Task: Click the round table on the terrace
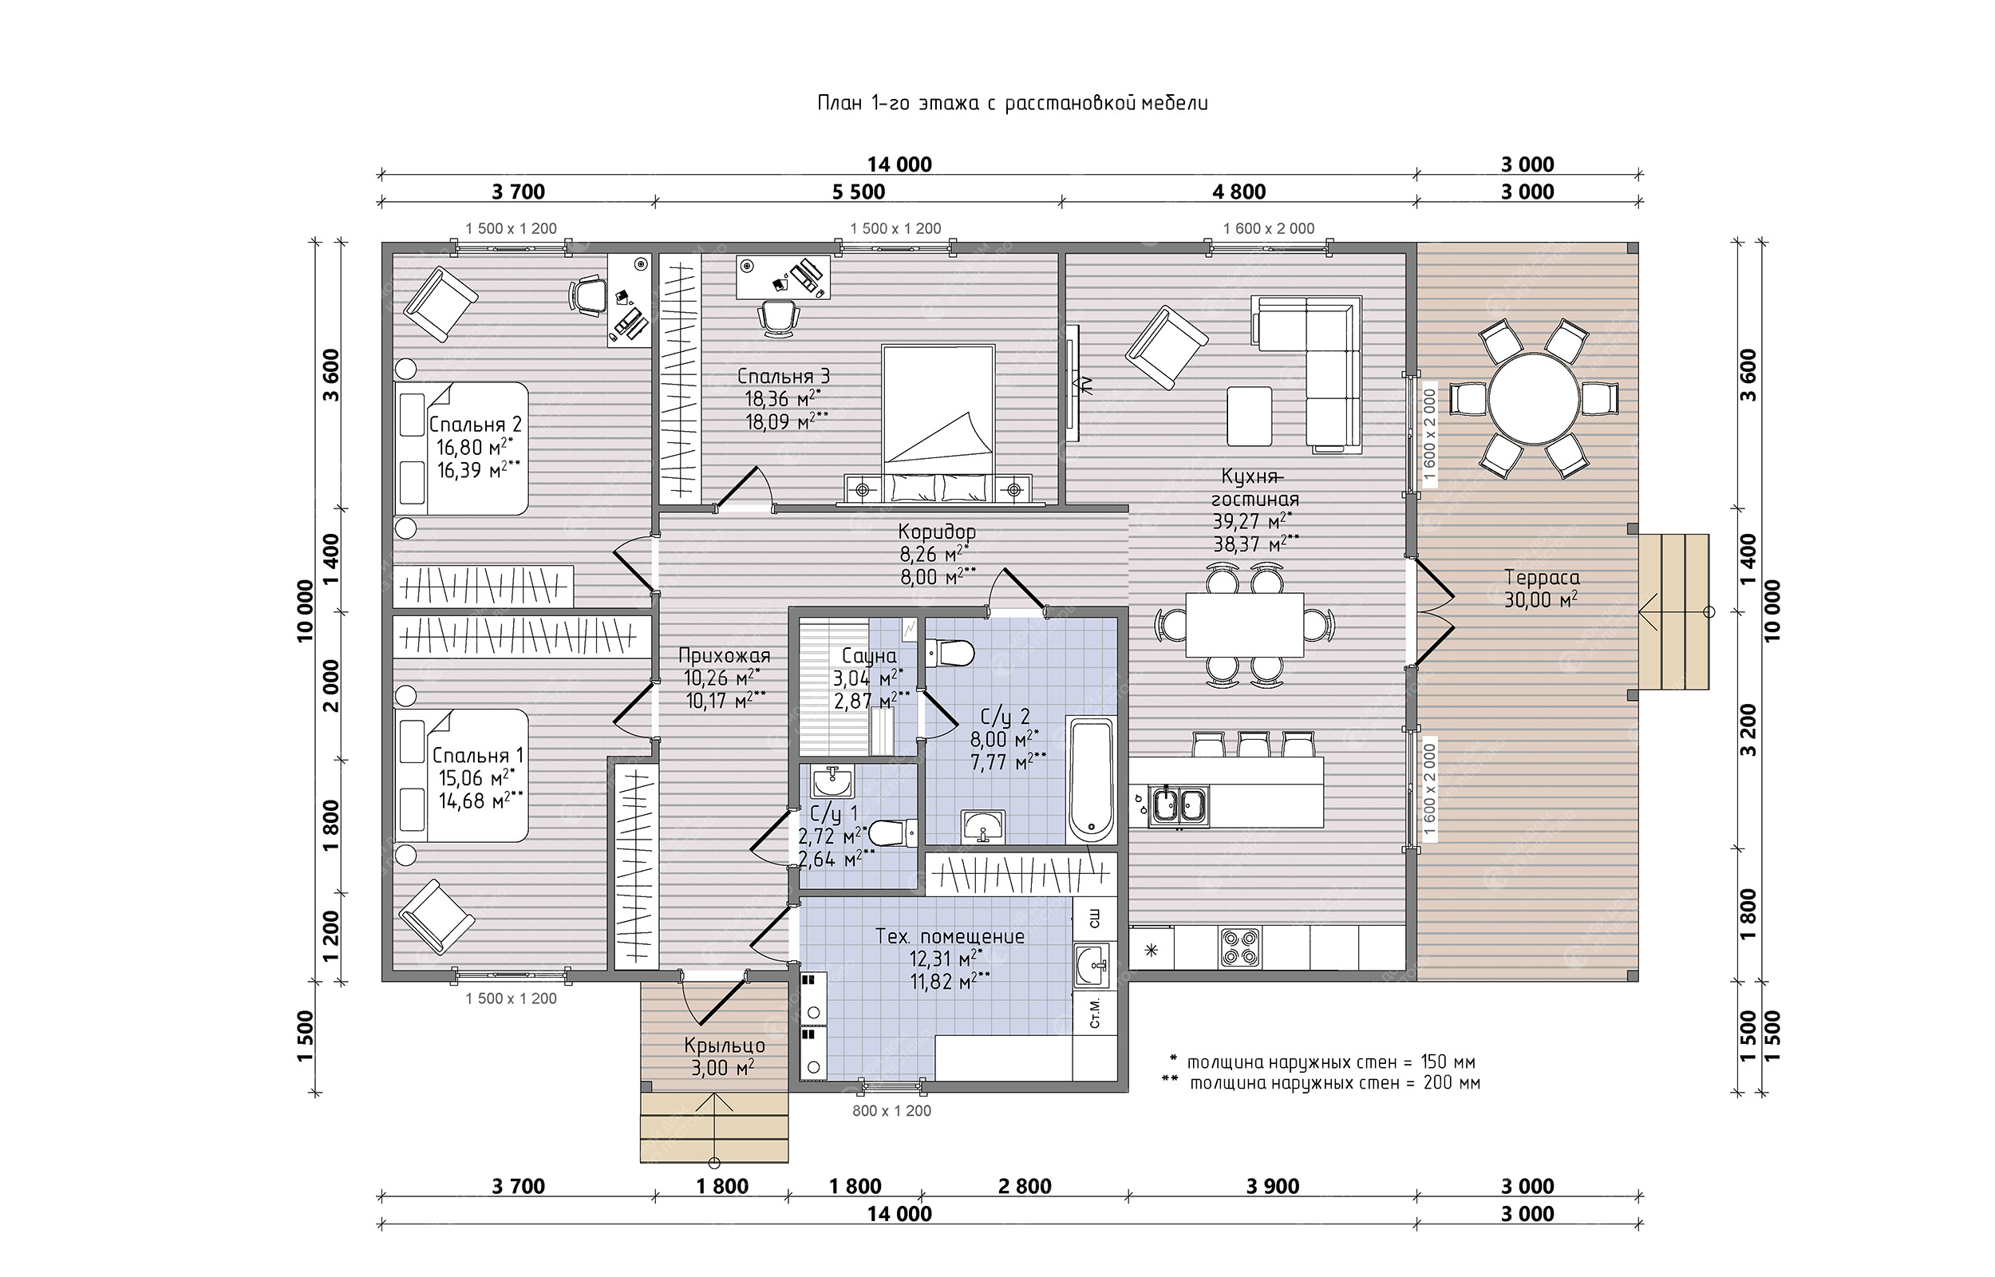coord(1533,399)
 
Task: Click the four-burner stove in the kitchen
coord(1240,947)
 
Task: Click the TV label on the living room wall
coord(1086,383)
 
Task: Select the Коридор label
coord(938,531)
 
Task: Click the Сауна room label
coord(867,657)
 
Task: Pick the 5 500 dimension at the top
coord(859,192)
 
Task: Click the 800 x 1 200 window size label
coord(891,1111)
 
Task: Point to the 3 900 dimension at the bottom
coord(1273,1187)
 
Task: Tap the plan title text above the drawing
coord(1013,104)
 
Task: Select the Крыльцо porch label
coord(725,1045)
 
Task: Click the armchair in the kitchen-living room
coord(1166,347)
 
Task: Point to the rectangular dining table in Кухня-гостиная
coord(1244,623)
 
